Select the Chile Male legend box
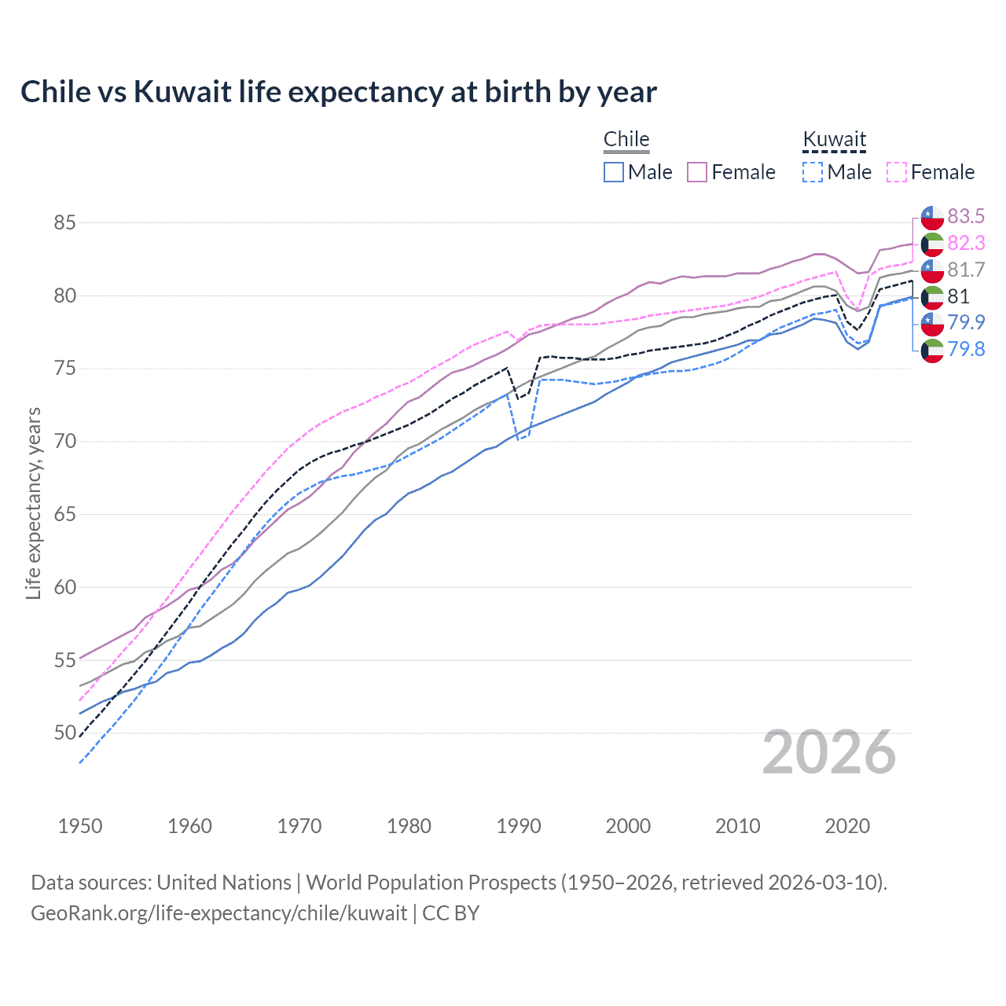point(614,172)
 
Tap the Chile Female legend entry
point(731,172)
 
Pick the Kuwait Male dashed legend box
point(813,172)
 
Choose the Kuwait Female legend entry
point(931,172)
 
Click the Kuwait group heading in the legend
point(834,140)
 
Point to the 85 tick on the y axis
point(64,222)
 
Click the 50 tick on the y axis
point(64,733)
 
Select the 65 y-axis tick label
point(64,515)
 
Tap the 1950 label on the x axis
point(80,826)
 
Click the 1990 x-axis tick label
point(519,826)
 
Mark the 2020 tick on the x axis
point(847,826)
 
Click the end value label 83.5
point(966,216)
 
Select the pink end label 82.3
point(966,243)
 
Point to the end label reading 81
point(958,296)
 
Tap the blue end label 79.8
point(966,349)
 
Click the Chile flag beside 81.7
point(932,270)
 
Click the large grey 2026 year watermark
point(829,752)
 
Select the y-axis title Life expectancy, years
point(33,503)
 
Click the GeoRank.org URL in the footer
point(218,913)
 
